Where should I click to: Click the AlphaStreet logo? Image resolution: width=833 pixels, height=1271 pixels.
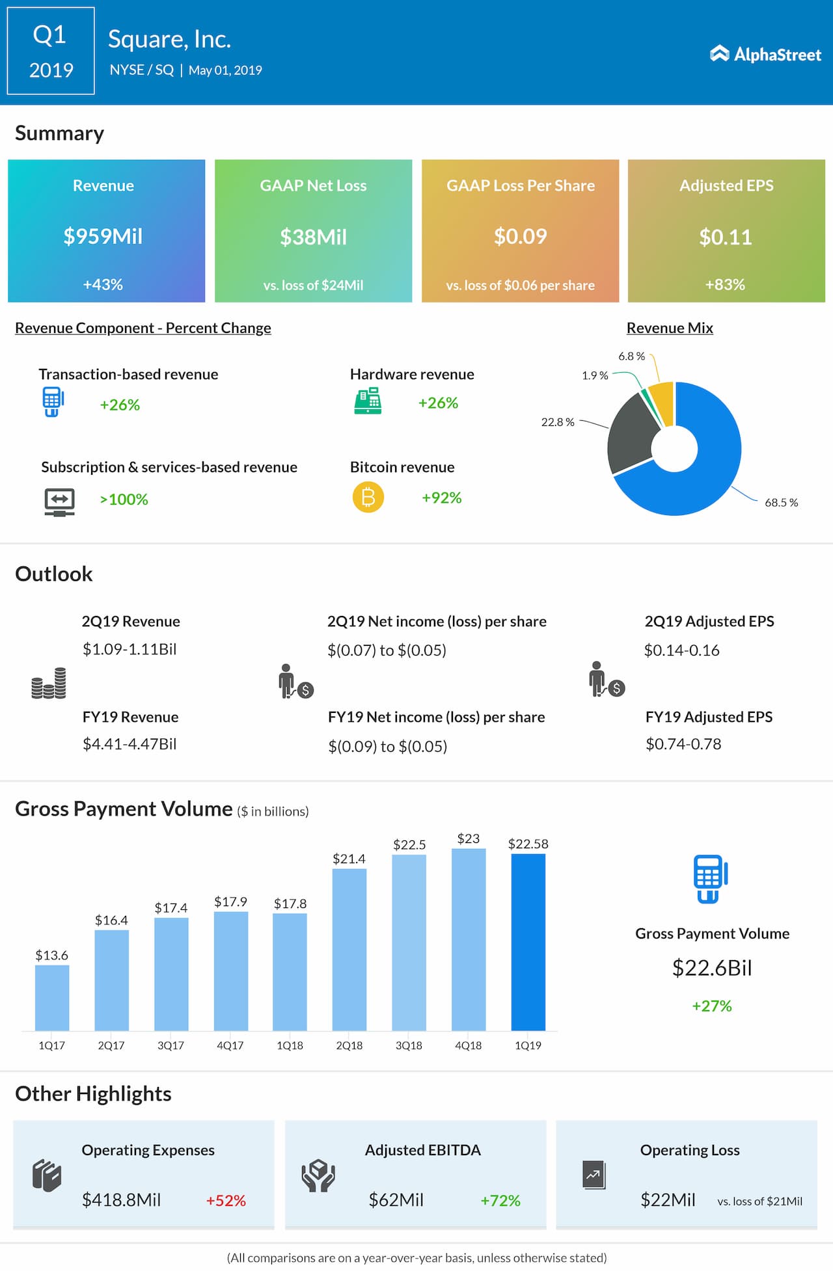pos(765,55)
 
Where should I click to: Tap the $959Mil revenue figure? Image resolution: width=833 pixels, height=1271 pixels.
pos(103,236)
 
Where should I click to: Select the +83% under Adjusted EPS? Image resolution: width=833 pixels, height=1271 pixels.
pos(725,285)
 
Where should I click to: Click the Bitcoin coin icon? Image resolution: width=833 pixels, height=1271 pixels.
pos(368,498)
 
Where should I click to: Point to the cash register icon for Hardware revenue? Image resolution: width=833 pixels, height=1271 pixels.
pos(368,401)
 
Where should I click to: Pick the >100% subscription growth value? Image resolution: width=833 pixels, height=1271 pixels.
pos(124,500)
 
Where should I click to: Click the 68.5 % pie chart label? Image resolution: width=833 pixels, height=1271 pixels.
pos(781,503)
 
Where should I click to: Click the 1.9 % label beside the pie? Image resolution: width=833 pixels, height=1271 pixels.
pos(595,376)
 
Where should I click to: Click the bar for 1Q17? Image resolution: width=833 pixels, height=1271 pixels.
pos(52,998)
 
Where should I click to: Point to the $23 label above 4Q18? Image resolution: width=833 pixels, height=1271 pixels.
pos(469,838)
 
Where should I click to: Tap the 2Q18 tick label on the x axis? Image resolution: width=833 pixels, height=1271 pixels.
pos(349,1046)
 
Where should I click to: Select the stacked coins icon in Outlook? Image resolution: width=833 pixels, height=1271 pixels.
pos(49,684)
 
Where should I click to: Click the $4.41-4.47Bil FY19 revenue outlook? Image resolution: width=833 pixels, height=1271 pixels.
pos(130,744)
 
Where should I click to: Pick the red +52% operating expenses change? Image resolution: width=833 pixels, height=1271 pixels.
pos(226,1201)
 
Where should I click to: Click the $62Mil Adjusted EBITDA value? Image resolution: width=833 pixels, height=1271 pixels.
pos(396,1200)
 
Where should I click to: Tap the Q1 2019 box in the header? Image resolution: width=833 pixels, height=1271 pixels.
pos(51,51)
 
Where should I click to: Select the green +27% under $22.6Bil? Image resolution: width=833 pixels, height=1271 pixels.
pos(712,1006)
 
